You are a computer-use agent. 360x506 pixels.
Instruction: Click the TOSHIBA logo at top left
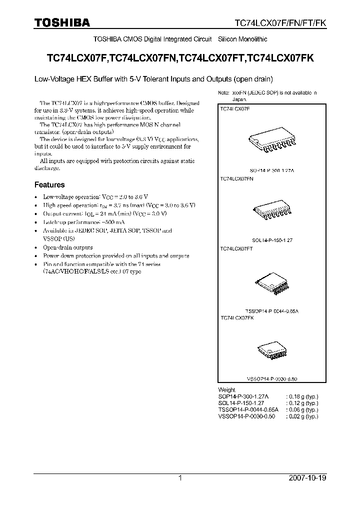(62, 22)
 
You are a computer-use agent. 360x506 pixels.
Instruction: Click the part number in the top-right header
(281, 23)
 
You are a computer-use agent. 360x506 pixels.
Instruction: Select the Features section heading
(49, 184)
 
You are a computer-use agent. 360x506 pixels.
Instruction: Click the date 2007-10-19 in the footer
(307, 478)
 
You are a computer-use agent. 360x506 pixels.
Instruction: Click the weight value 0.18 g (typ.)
(302, 396)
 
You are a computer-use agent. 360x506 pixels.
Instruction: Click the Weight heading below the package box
(226, 389)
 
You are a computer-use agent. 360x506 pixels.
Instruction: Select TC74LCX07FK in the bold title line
(281, 58)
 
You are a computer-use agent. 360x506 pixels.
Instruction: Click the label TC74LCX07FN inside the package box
(237, 178)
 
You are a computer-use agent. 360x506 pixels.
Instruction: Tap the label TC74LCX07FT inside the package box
(236, 248)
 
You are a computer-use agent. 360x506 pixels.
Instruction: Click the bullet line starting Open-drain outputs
(67, 247)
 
